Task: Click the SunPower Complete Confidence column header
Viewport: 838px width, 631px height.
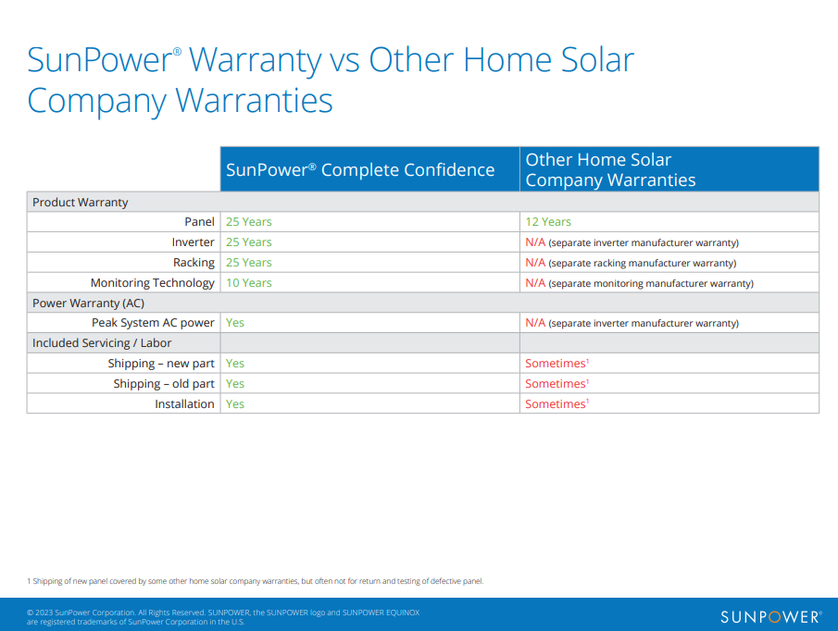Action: click(360, 169)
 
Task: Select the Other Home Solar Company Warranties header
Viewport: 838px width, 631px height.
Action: click(610, 169)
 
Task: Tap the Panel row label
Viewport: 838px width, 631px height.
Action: click(199, 221)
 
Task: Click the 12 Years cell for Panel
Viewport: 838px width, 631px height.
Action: click(548, 221)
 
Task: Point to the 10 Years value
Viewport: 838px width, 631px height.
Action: click(248, 283)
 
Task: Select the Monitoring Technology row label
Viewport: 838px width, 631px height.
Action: click(152, 283)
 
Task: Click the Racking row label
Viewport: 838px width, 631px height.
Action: click(194, 263)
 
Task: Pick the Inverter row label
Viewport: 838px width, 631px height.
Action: click(193, 242)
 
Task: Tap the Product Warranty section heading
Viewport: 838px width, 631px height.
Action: click(81, 203)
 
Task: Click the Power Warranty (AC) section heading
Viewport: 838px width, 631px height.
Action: click(88, 303)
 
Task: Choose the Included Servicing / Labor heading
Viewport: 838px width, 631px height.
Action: click(102, 342)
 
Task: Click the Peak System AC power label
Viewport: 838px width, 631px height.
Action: click(153, 323)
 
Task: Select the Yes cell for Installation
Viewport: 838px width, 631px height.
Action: click(234, 404)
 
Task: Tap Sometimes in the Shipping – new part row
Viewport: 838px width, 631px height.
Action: click(557, 363)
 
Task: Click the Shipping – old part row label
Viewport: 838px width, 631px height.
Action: click(164, 384)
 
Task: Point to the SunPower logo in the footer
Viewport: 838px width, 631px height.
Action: click(770, 617)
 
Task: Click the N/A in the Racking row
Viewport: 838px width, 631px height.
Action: click(535, 263)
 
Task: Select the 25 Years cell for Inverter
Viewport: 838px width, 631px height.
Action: click(248, 242)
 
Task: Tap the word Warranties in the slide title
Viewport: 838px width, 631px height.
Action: click(254, 100)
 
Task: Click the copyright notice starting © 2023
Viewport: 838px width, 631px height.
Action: click(223, 617)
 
